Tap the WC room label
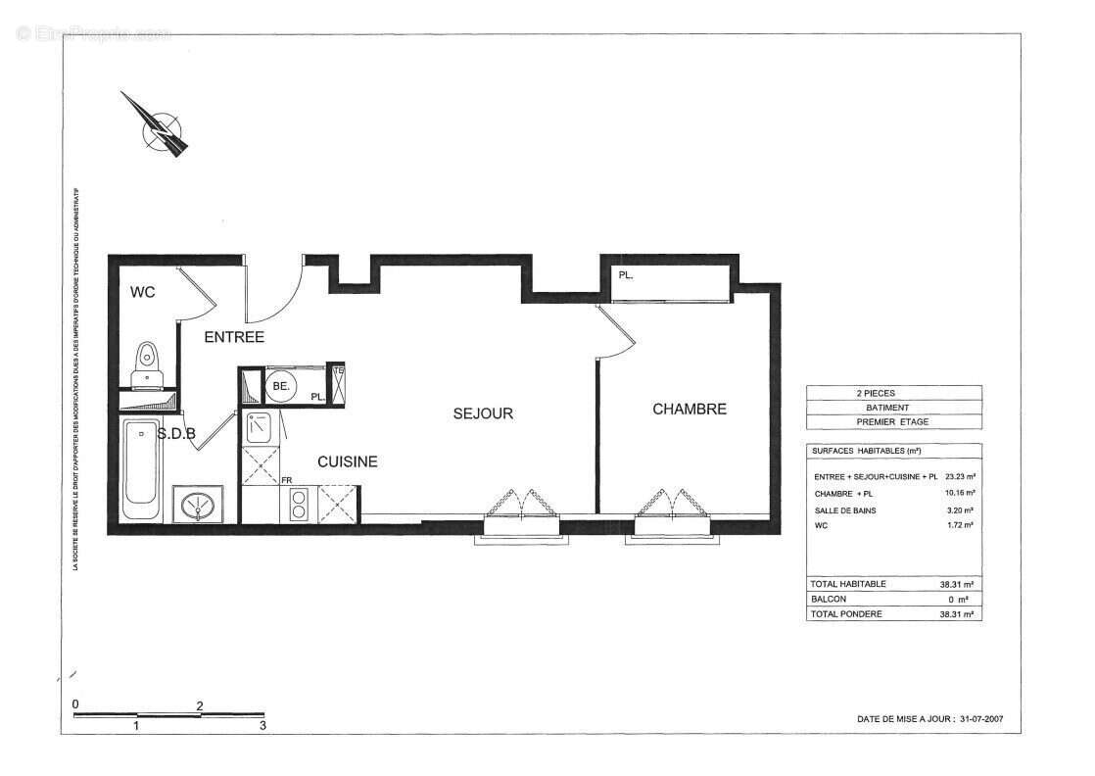(143, 292)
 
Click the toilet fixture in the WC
(148, 361)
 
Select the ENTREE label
(234, 337)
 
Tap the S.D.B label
(176, 433)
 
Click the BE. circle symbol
(281, 387)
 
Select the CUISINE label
(347, 461)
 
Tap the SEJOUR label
(483, 413)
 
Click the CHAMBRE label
(690, 409)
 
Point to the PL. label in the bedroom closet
(626, 275)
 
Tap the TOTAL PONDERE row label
(846, 614)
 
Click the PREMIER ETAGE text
(892, 422)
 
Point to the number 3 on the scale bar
(262, 726)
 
